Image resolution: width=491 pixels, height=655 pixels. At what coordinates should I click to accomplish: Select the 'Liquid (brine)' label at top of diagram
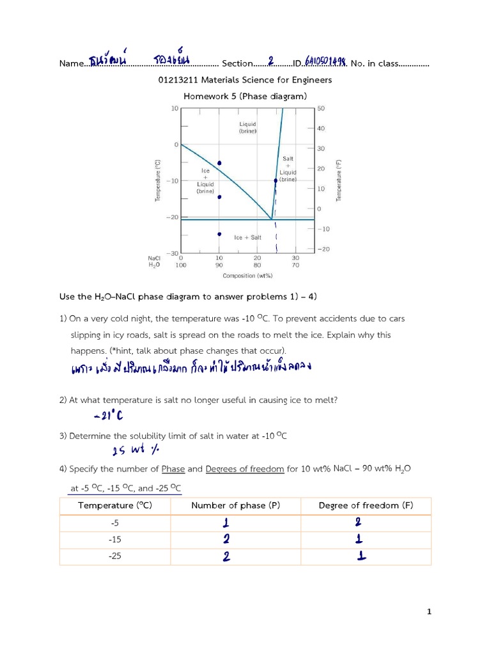point(247,127)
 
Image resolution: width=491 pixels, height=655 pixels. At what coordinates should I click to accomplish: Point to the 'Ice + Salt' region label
point(247,237)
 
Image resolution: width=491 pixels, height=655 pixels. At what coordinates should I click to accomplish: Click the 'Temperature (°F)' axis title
point(339,181)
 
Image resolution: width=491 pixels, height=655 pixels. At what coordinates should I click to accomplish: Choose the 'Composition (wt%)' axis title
point(247,276)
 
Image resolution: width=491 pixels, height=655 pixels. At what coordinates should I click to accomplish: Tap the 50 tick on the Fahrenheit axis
point(321,109)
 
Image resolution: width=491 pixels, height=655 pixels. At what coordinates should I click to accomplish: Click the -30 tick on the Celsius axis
point(173,254)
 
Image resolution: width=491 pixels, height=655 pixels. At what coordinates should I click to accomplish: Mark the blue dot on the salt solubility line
point(276,180)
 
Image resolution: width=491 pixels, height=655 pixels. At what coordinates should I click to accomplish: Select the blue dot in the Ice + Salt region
point(219,234)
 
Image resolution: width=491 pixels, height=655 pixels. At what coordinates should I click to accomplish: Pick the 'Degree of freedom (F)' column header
point(366,506)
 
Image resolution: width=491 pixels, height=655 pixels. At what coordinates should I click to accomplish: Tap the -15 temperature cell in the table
point(115,539)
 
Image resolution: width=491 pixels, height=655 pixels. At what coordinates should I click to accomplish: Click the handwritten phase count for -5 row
point(226,523)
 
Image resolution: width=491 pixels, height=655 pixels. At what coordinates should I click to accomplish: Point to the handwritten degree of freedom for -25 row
point(362,556)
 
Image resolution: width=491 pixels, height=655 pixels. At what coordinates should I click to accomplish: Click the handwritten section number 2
point(271,61)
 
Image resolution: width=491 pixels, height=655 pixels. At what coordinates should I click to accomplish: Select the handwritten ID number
point(325,61)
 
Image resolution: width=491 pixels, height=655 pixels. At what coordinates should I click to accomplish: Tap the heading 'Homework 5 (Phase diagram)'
point(245,97)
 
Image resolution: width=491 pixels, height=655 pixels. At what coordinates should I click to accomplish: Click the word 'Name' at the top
point(71,64)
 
